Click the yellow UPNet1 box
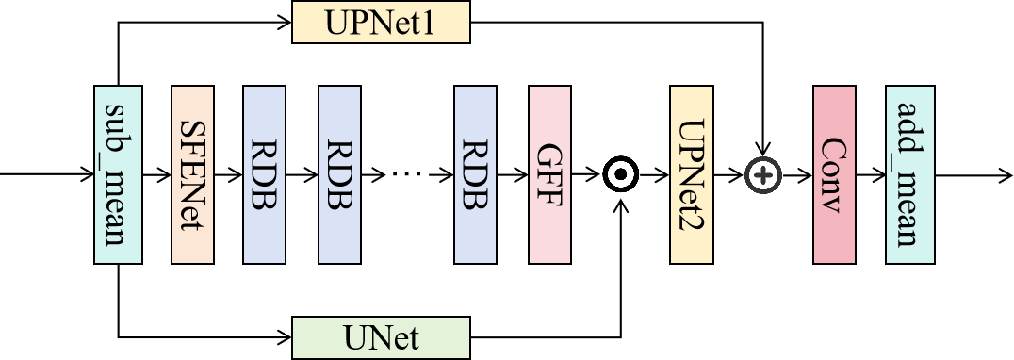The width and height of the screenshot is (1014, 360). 381,22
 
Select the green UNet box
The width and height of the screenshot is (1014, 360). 381,337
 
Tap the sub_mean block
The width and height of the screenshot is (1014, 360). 118,175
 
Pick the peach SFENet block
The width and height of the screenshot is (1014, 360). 193,175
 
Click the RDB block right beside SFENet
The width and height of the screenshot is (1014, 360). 264,175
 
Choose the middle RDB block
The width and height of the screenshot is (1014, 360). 339,175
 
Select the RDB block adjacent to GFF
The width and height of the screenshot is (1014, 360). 475,175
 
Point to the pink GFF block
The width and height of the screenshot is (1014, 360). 549,175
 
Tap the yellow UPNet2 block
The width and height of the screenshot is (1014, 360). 691,175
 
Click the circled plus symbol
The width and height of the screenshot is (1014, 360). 763,175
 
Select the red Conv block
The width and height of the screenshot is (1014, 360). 833,175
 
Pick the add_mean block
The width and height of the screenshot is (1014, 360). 909,175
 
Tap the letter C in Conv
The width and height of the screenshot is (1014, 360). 833,148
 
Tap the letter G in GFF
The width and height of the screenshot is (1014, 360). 549,152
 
